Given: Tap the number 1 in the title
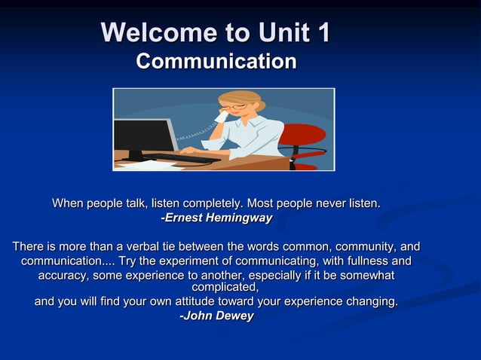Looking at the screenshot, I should click(x=322, y=33).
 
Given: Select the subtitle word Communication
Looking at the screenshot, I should click(x=216, y=61).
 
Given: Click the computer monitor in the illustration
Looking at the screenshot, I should click(x=142, y=136).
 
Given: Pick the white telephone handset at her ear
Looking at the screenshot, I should click(x=221, y=114).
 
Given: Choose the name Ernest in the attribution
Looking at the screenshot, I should click(x=184, y=218).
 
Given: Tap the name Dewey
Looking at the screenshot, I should click(x=234, y=316).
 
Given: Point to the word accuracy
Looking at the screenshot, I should click(x=63, y=276).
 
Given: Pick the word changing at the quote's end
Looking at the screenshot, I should click(x=369, y=302).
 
